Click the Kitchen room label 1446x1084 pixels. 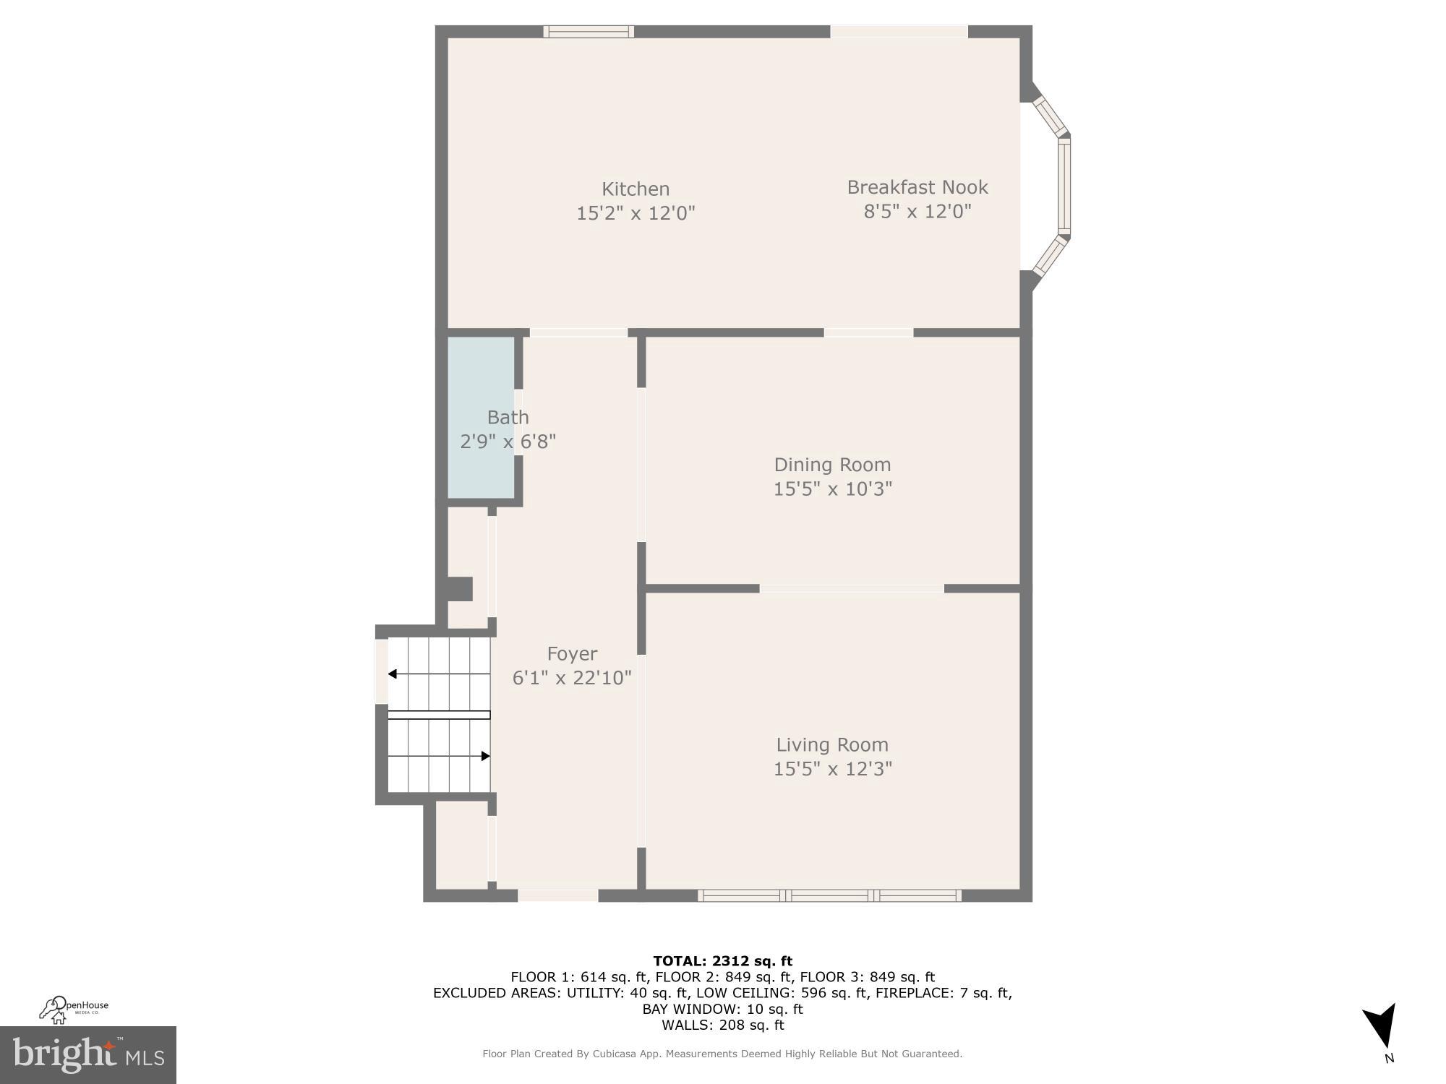[636, 189]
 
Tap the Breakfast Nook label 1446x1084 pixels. [917, 187]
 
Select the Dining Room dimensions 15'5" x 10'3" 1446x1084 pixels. [832, 489]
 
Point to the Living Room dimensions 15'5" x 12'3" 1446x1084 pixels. [832, 769]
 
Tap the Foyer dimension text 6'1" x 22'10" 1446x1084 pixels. [571, 678]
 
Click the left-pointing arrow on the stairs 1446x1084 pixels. [393, 674]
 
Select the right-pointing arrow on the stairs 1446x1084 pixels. [485, 757]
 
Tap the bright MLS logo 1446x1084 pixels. [88, 1055]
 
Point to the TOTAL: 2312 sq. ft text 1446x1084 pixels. [722, 961]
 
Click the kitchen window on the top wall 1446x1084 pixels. [589, 31]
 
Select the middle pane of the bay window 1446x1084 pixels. [1064, 186]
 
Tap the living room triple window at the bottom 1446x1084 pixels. [829, 896]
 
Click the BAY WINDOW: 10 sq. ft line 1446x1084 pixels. [722, 1009]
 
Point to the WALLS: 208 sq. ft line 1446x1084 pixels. [722, 1025]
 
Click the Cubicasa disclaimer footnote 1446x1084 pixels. [722, 1054]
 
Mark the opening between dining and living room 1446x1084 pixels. [851, 589]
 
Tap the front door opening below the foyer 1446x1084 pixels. [557, 895]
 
